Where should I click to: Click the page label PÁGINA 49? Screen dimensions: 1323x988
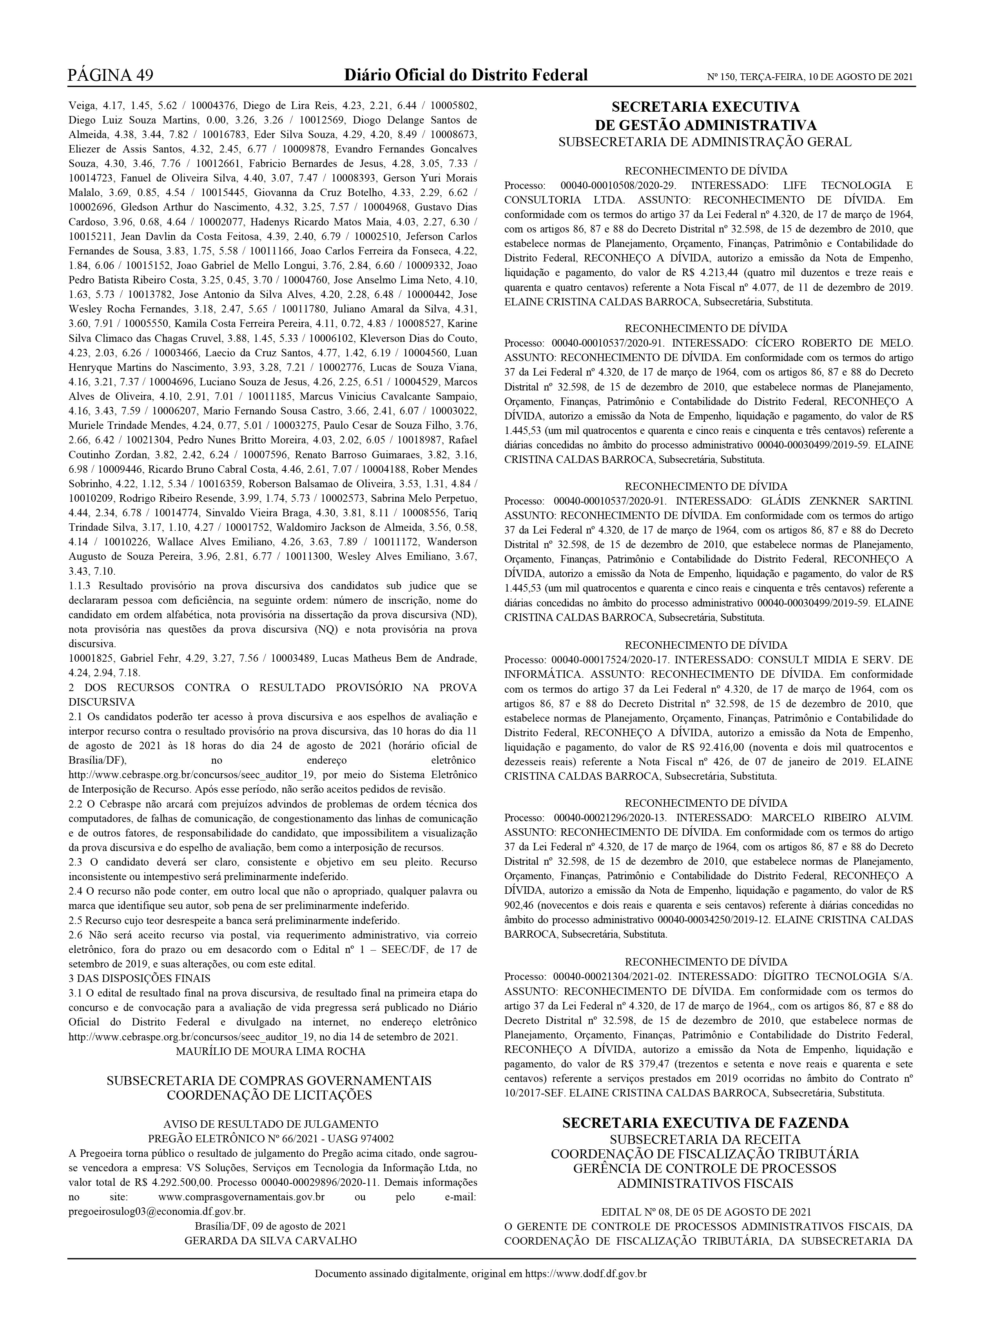point(111,75)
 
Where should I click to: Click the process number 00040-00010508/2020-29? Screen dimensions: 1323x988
point(618,185)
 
